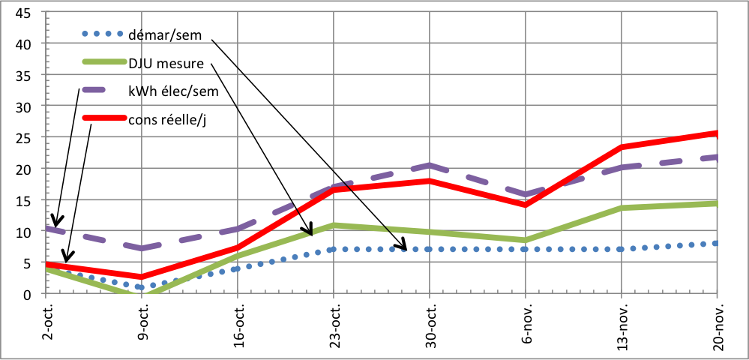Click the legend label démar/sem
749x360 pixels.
coord(170,34)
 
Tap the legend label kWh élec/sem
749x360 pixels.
coord(172,91)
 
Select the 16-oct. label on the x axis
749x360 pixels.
coord(238,321)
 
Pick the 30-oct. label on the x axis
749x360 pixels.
coord(430,321)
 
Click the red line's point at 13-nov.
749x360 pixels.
coord(622,148)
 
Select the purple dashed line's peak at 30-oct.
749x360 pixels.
coord(430,165)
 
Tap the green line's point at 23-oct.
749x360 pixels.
coord(334,225)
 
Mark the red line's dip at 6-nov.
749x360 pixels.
coord(526,205)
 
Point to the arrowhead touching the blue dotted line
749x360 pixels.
coord(403,246)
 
